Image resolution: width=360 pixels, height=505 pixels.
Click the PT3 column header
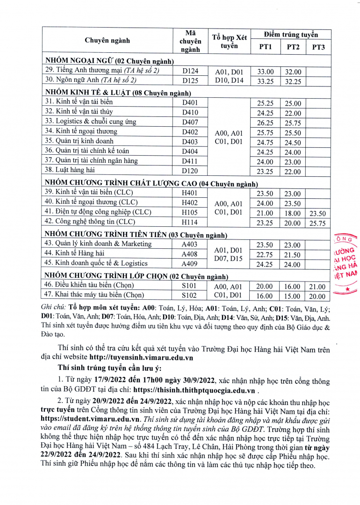[318, 47]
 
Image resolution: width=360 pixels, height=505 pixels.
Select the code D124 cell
[190, 71]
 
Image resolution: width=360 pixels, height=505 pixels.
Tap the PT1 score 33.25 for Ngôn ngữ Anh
[266, 81]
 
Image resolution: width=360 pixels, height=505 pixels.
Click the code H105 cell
[190, 213]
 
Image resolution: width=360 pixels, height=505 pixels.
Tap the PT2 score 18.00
[293, 213]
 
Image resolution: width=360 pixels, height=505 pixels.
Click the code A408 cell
[190, 254]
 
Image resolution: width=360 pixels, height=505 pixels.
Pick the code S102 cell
[190, 296]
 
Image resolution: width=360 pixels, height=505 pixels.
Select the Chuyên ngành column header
[107, 41]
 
